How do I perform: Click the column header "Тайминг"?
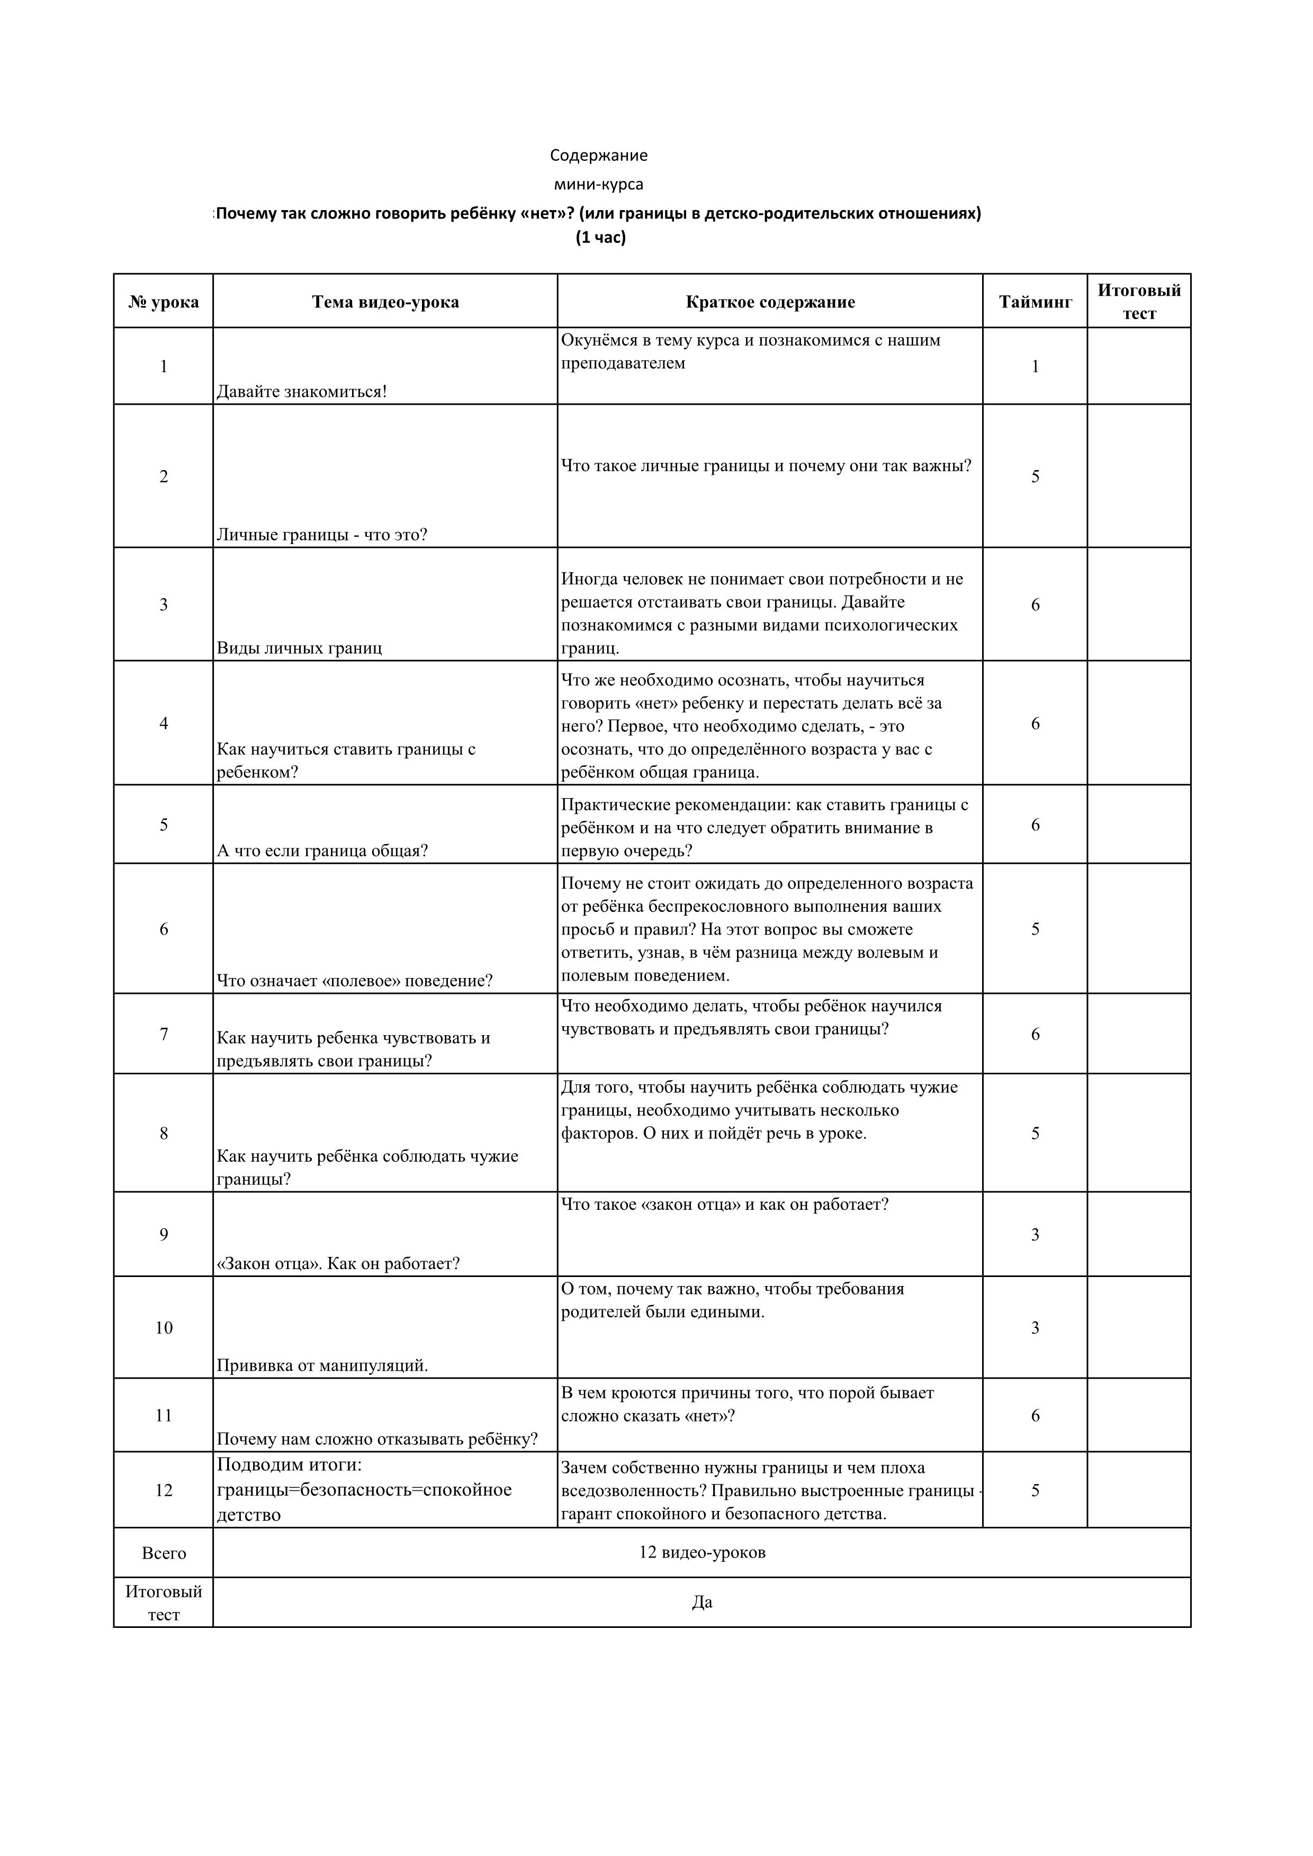pyautogui.click(x=1035, y=302)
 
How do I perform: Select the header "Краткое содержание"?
pyautogui.click(x=770, y=302)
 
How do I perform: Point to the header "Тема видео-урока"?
pyautogui.click(x=385, y=302)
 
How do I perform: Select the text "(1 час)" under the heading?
pyautogui.click(x=601, y=238)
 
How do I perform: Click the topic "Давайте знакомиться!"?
pyautogui.click(x=302, y=392)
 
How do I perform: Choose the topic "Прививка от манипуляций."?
pyautogui.click(x=322, y=1365)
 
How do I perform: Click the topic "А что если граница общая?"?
pyautogui.click(x=322, y=850)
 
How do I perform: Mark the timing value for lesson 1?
pyautogui.click(x=1035, y=367)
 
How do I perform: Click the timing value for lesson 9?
pyautogui.click(x=1035, y=1234)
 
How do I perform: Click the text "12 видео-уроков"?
pyautogui.click(x=702, y=1552)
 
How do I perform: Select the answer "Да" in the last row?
pyautogui.click(x=702, y=1602)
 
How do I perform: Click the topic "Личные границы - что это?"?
pyautogui.click(x=322, y=535)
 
